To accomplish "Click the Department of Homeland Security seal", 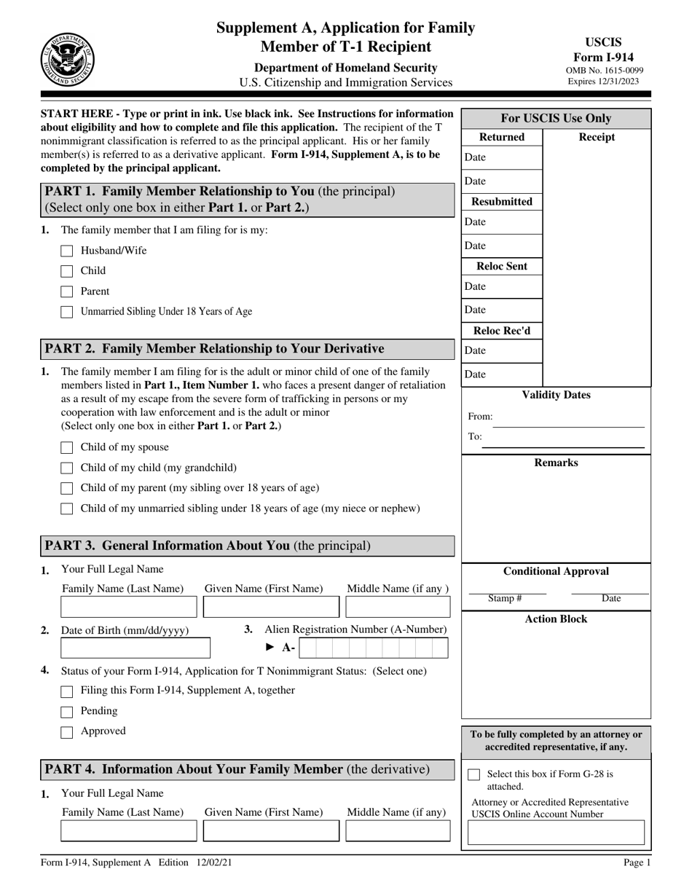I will coord(66,58).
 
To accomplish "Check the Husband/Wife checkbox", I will coord(67,251).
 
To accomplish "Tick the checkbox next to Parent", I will coord(67,292).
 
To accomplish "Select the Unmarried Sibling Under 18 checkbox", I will coord(67,313).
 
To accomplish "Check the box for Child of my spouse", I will coord(67,448).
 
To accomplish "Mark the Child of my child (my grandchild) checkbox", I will coord(67,468).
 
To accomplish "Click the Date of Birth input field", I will coord(135,648).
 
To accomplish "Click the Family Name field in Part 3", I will coord(128,607).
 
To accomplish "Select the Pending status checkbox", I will coord(67,712).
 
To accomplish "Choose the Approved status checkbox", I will coord(67,732).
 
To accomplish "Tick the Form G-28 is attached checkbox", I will coord(474,775).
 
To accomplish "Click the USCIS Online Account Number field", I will coord(556,833).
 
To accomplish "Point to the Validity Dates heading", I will coord(557,396).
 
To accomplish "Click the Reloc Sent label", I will coord(503,267).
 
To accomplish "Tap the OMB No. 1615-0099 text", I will coord(603,71).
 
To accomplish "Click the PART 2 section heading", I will coord(215,349).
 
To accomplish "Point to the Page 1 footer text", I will coord(637,862).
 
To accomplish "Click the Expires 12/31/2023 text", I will coord(603,82).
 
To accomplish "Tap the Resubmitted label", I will coord(503,202).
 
